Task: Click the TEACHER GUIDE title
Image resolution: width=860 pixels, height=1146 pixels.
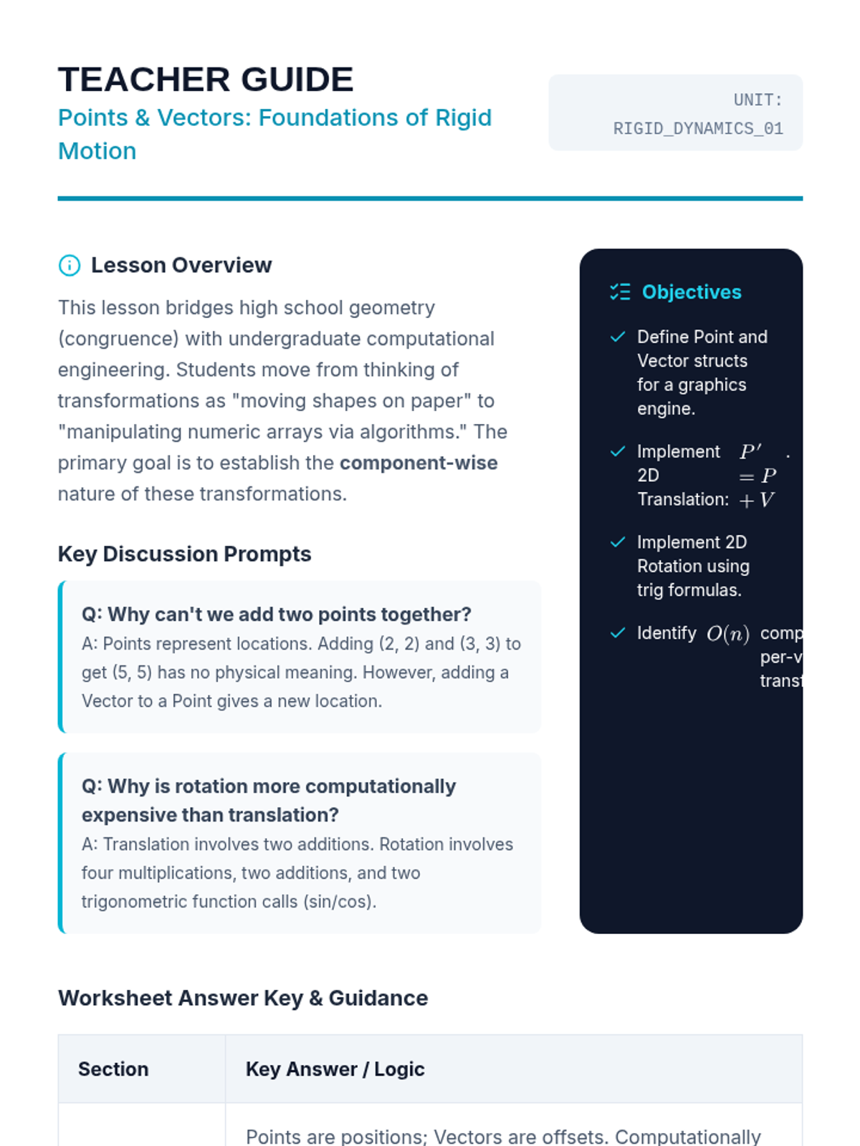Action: click(206, 80)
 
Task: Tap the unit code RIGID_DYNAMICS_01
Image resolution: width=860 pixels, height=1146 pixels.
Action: click(697, 129)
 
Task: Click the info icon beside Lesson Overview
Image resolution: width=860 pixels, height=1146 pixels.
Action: click(70, 266)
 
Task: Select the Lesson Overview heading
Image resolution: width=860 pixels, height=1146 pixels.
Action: click(181, 266)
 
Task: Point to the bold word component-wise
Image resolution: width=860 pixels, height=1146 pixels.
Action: click(419, 463)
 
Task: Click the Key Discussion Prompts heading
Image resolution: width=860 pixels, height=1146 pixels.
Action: click(184, 554)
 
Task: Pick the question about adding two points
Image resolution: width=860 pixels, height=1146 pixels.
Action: click(276, 615)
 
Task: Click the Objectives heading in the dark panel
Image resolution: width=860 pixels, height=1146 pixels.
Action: click(692, 292)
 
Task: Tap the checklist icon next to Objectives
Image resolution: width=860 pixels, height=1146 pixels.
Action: click(620, 292)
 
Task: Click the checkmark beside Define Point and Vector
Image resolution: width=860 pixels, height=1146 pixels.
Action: click(618, 337)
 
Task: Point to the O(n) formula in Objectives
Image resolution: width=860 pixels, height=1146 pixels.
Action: click(727, 634)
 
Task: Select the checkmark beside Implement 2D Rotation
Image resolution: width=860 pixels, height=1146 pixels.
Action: click(618, 543)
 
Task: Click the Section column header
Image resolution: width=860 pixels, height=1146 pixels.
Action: click(113, 1069)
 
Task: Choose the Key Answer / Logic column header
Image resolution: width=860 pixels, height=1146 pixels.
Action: click(335, 1069)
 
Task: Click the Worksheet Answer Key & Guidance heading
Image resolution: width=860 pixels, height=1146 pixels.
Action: click(243, 998)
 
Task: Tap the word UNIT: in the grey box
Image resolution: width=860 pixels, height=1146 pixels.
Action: click(758, 100)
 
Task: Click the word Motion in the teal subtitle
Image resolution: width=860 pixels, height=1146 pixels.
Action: click(97, 152)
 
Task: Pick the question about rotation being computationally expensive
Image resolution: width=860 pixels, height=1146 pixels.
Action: click(269, 801)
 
